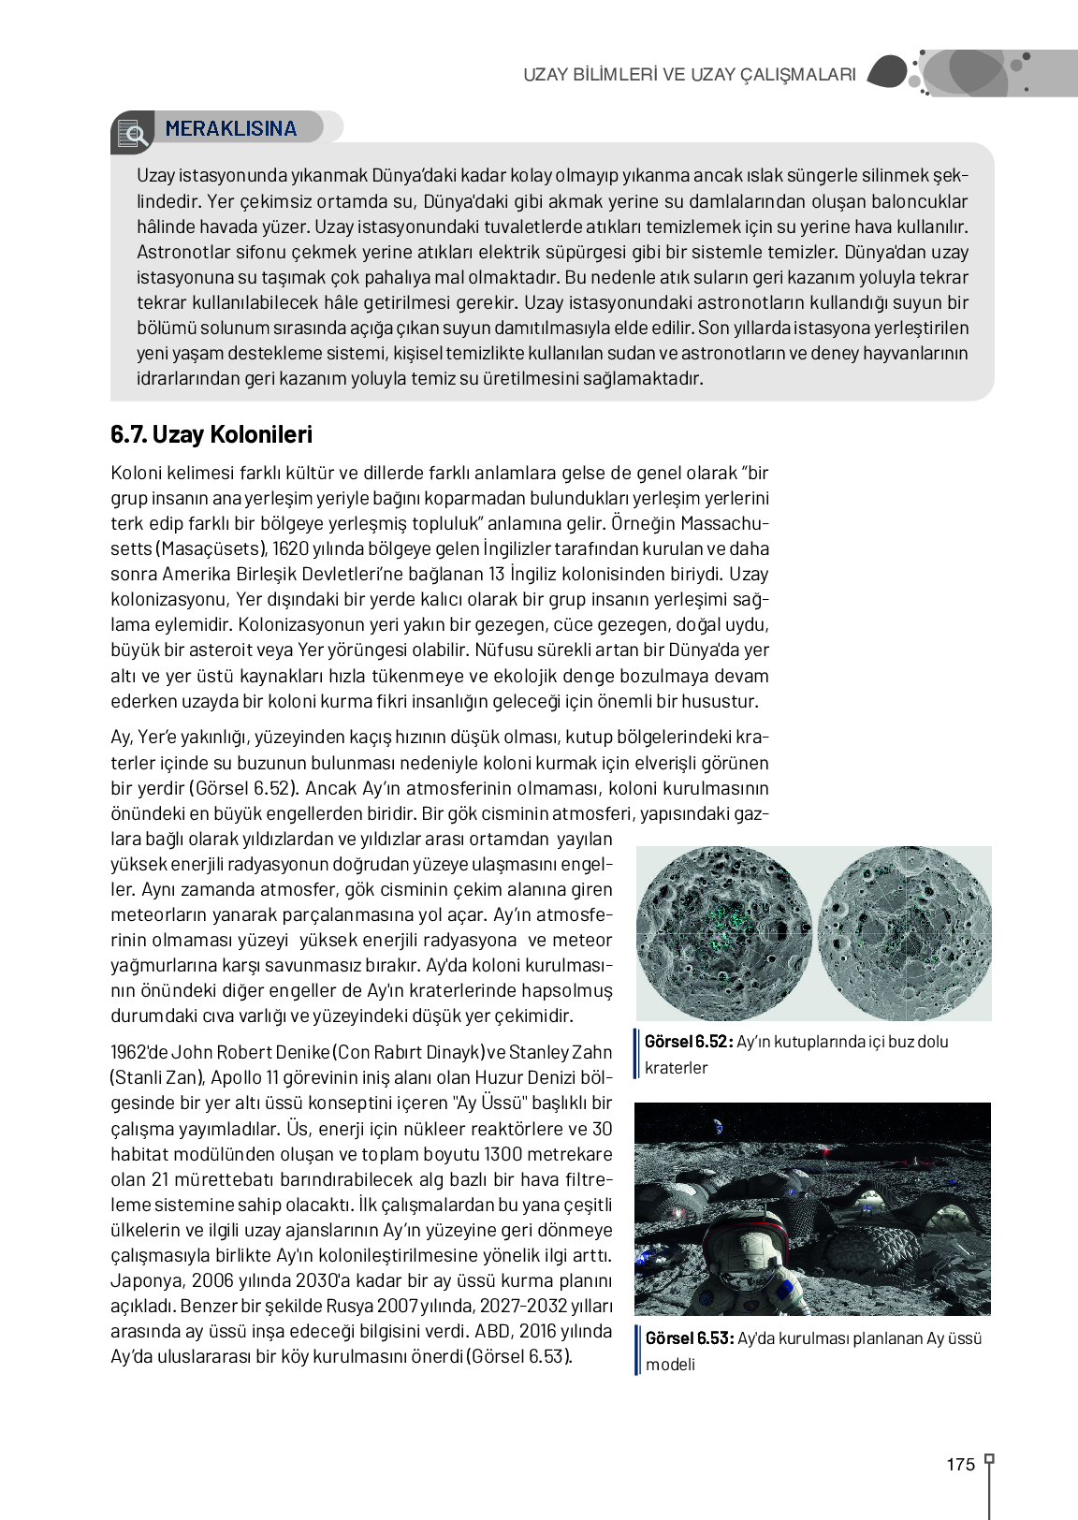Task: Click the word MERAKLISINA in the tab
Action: pos(230,129)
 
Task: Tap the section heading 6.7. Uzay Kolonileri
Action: pos(211,435)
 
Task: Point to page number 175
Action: pos(960,1465)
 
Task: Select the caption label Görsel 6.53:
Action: pos(689,1338)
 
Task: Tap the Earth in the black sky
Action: pos(718,1127)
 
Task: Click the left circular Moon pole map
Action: pos(723,933)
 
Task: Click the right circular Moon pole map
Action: pos(904,933)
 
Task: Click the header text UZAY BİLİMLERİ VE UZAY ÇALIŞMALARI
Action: pos(689,75)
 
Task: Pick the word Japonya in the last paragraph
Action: pos(147,1281)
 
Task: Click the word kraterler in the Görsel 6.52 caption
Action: pos(676,1068)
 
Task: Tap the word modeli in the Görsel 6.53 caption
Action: pos(670,1365)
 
